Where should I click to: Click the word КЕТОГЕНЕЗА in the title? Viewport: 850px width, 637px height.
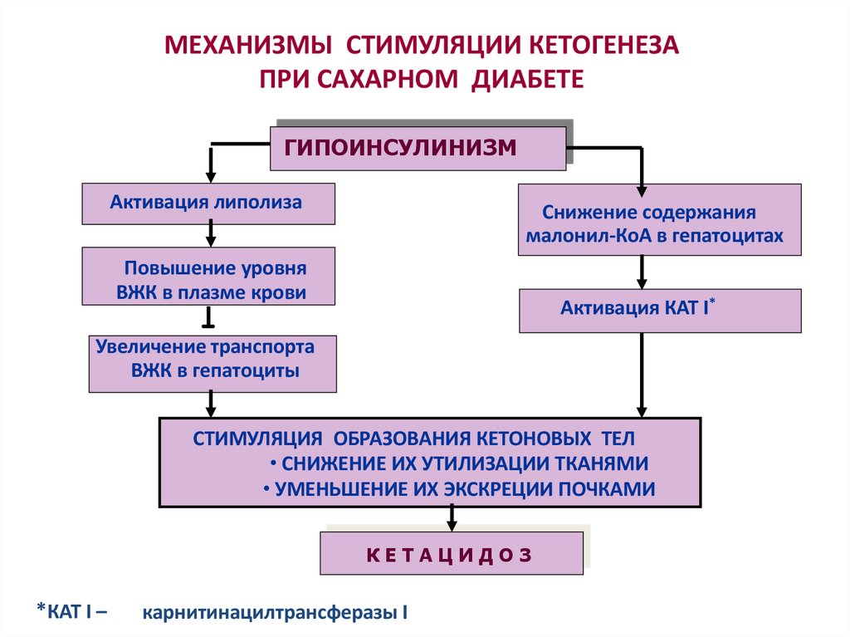click(x=603, y=44)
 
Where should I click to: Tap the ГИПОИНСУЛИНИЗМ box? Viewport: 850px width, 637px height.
click(x=418, y=148)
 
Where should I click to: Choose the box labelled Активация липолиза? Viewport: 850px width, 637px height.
click(x=208, y=203)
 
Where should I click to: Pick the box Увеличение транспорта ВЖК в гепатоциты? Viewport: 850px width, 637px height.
click(x=212, y=362)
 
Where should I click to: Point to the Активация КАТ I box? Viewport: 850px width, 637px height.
click(x=660, y=311)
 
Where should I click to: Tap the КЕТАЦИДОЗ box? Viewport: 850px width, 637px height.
click(x=452, y=553)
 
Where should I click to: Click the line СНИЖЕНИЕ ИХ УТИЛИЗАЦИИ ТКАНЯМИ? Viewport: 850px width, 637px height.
click(x=459, y=463)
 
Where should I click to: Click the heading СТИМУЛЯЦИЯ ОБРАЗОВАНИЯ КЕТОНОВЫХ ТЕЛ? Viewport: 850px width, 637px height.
click(x=413, y=439)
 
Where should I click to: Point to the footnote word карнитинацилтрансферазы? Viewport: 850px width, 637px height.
click(x=275, y=615)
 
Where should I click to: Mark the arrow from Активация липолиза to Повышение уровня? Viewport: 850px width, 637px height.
click(x=211, y=235)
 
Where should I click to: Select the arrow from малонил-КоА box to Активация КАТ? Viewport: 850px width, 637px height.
click(x=642, y=272)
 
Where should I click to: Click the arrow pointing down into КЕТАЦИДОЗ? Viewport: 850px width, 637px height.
click(x=452, y=519)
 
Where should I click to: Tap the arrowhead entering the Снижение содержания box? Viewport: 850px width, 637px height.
click(x=641, y=179)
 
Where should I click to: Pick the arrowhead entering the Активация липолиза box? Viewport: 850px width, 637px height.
click(x=211, y=177)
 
